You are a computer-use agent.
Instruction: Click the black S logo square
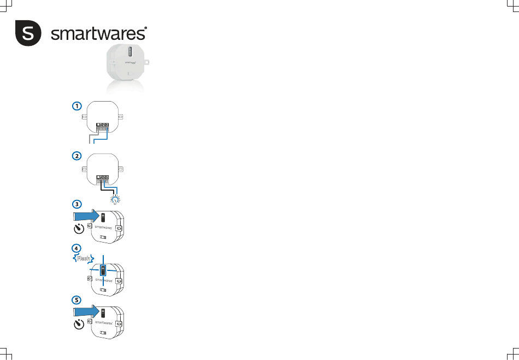pos(27,33)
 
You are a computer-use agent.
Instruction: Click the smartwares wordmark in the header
pos(99,33)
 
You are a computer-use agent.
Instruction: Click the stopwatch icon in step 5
pos(80,324)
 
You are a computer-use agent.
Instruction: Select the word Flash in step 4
pos(83,258)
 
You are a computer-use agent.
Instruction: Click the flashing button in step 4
pos(103,270)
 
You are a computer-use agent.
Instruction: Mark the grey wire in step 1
pos(91,137)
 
